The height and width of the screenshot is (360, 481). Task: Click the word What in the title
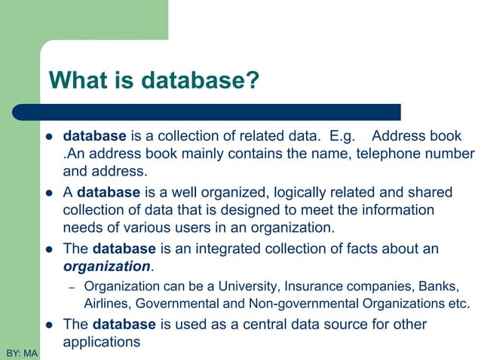78,80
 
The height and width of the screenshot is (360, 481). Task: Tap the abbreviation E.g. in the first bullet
338,137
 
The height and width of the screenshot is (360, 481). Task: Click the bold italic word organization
107,266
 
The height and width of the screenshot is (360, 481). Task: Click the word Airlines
105,304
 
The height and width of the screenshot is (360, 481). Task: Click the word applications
102,342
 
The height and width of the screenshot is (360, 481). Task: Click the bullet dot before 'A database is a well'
48,191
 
